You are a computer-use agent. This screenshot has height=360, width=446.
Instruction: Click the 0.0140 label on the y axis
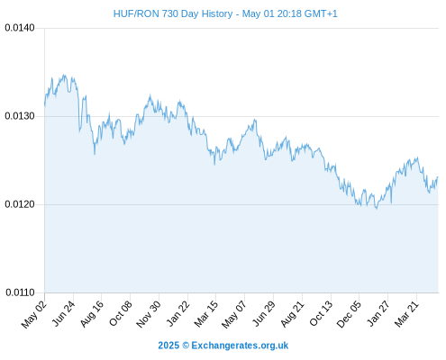(20, 28)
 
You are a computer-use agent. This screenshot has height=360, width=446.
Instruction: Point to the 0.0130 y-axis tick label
(20, 116)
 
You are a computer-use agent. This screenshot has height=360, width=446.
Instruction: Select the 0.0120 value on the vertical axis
(20, 204)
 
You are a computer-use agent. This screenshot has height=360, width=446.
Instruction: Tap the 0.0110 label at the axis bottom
(20, 292)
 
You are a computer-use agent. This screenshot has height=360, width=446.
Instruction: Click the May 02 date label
(33, 314)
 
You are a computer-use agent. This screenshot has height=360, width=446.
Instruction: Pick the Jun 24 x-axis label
(63, 313)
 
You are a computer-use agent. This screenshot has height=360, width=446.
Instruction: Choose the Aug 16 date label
(92, 314)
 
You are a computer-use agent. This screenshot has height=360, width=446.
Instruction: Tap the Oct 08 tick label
(120, 313)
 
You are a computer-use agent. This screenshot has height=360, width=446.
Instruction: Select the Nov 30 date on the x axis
(149, 314)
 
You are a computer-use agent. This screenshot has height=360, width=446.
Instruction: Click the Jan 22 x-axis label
(178, 313)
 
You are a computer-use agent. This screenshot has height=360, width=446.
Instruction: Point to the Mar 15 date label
(206, 314)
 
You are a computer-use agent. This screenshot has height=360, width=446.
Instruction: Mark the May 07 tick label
(234, 314)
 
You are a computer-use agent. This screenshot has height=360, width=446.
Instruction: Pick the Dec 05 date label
(349, 314)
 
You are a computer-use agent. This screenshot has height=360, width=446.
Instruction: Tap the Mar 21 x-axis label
(406, 314)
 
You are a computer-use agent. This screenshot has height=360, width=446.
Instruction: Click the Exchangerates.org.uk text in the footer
(240, 346)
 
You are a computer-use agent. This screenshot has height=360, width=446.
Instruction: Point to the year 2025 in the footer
(168, 346)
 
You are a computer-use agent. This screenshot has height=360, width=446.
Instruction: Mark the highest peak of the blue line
(63, 75)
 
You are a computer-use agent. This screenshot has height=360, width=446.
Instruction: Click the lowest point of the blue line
(377, 208)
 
